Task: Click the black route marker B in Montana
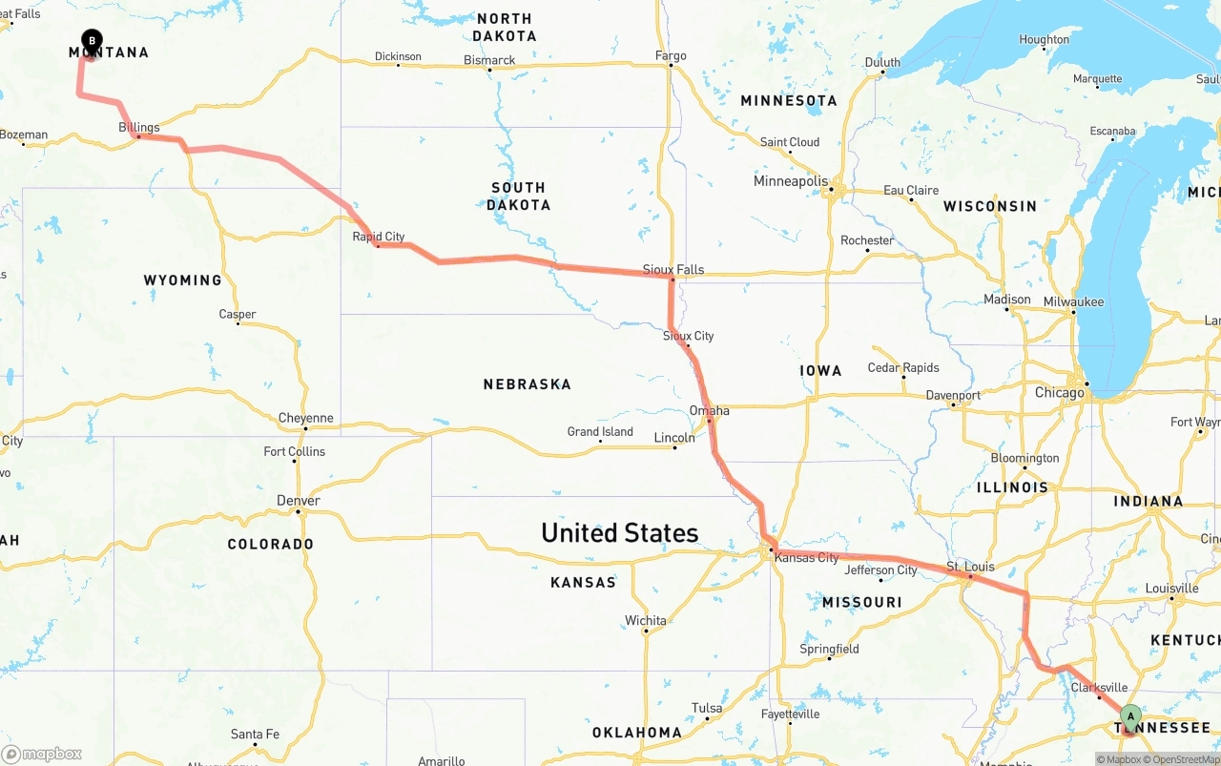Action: (92, 40)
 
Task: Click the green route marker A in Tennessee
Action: (1130, 715)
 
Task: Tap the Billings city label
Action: (139, 127)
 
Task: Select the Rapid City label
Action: (379, 237)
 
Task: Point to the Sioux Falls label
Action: (673, 269)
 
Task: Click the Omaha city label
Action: (710, 411)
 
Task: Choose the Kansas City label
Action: (807, 557)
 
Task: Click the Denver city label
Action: (299, 501)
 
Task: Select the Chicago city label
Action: (1060, 393)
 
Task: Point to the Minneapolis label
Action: (791, 181)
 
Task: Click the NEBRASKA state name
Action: (527, 384)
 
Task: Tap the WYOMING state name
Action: (182, 280)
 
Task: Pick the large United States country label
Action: (619, 532)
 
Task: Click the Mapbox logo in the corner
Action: (43, 754)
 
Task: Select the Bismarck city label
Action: (489, 60)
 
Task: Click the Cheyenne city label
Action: (306, 418)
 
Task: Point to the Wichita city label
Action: (646, 621)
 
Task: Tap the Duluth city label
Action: (882, 62)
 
